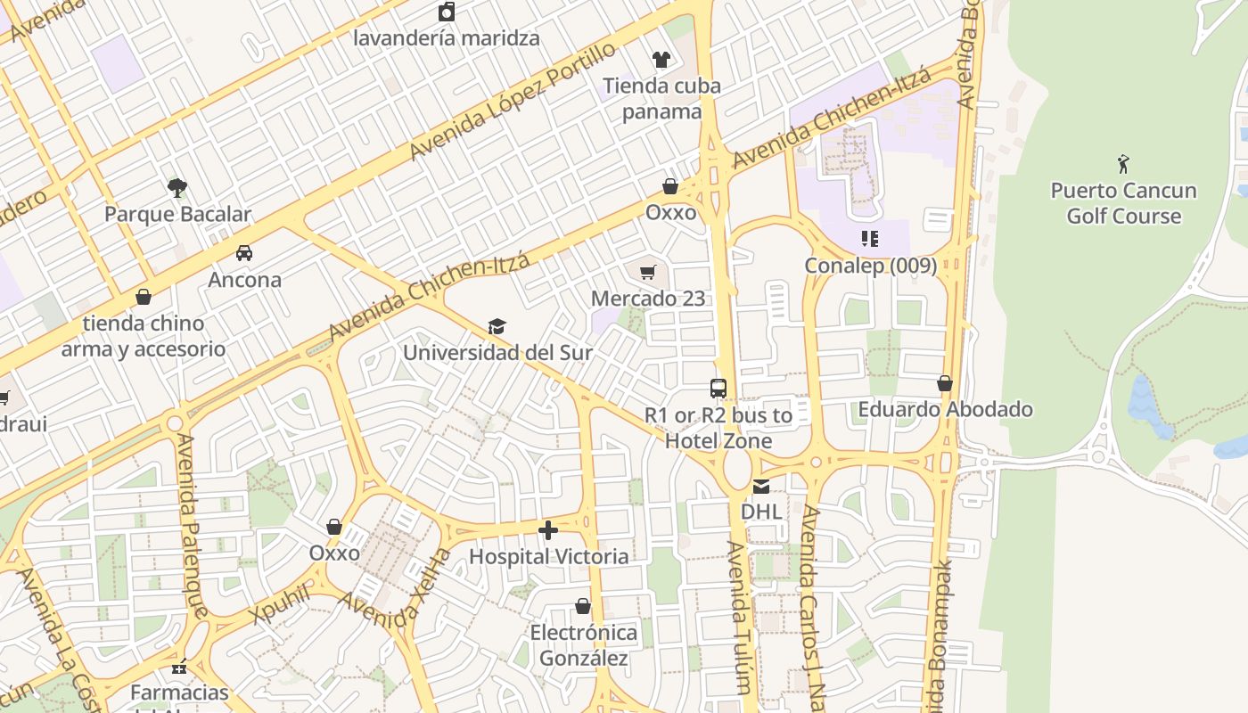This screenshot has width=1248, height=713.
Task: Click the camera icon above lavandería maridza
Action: (x=447, y=12)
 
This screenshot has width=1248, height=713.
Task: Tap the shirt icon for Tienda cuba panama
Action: (x=661, y=60)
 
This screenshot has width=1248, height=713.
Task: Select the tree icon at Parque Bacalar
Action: (x=177, y=187)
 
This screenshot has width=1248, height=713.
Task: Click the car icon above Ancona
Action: (x=244, y=253)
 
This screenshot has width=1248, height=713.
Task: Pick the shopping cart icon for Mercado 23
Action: (x=648, y=272)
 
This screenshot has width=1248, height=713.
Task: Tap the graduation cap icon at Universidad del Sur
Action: (x=497, y=327)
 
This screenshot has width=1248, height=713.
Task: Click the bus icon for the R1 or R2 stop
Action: (x=718, y=389)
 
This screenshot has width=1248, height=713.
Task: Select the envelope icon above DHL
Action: (x=761, y=486)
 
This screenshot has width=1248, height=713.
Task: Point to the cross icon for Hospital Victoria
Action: (x=548, y=530)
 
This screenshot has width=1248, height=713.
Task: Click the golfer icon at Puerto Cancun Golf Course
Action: (x=1123, y=164)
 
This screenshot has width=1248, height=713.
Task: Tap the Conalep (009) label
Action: (x=870, y=266)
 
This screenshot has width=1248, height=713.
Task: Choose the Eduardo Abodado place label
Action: (x=945, y=410)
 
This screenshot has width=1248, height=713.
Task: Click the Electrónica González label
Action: (x=584, y=645)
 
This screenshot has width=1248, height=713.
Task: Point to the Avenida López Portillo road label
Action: (x=512, y=102)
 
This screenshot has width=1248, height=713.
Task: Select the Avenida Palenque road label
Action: (x=193, y=526)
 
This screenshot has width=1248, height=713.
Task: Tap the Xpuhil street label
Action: (x=281, y=604)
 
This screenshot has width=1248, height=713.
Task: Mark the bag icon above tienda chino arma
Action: (x=144, y=297)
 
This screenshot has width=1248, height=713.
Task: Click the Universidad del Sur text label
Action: (x=497, y=353)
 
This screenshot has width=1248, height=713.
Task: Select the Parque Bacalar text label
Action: (x=177, y=215)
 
